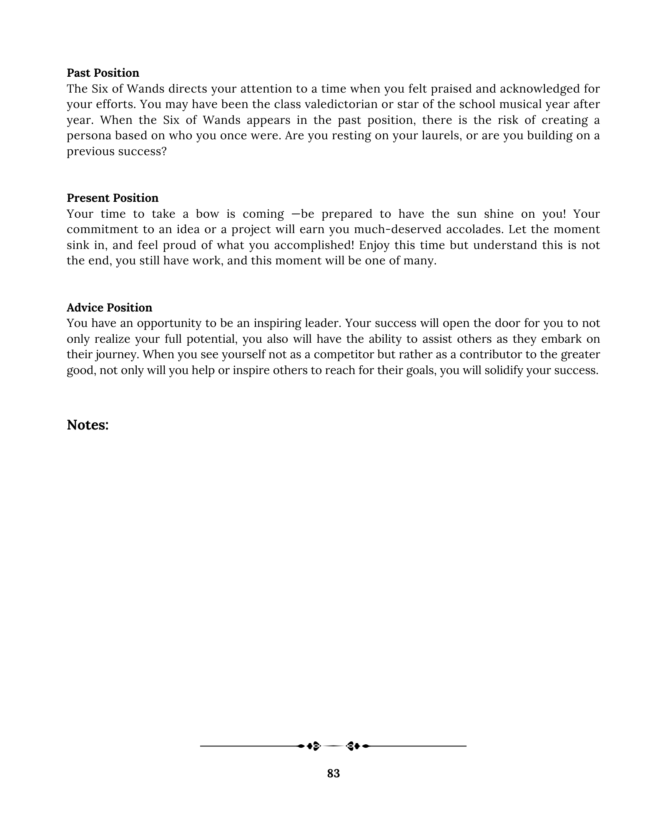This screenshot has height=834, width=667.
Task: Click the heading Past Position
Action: click(103, 73)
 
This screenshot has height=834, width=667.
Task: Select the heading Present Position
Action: click(113, 198)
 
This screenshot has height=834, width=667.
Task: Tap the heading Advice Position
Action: click(109, 308)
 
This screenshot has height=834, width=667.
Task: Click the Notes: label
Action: click(88, 425)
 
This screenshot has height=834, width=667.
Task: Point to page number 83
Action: click(333, 774)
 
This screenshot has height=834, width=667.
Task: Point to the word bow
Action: click(207, 214)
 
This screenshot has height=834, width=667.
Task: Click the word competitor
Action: click(344, 354)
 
